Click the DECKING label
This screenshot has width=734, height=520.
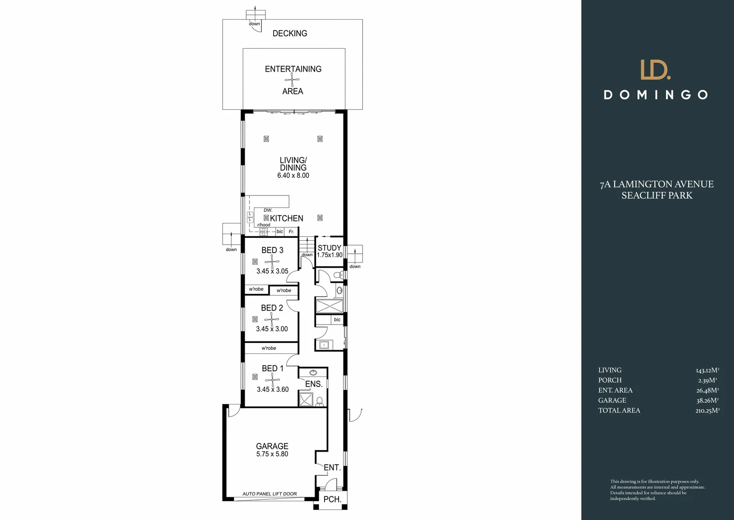(289, 33)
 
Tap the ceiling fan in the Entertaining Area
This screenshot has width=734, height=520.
(292, 80)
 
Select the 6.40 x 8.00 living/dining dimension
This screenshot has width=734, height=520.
(293, 176)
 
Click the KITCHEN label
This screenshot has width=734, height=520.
(287, 219)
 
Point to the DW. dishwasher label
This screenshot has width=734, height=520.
(268, 210)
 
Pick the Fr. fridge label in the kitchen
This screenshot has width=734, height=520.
(291, 232)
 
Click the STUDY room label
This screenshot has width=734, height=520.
(329, 247)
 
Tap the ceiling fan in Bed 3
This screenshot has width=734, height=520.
(272, 261)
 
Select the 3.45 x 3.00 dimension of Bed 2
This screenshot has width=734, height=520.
(272, 329)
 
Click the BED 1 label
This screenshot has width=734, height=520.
(273, 368)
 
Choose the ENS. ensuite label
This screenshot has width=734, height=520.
(314, 384)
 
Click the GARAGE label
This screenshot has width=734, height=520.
(272, 446)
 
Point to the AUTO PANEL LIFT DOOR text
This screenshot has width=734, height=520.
(269, 494)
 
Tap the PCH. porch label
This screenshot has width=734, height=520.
(332, 499)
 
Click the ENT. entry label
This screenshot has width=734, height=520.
(332, 468)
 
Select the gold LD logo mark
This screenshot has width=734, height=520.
(655, 70)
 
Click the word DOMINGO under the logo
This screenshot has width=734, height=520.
(656, 95)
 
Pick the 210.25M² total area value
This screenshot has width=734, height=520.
(707, 411)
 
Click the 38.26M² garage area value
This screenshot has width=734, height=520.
(707, 401)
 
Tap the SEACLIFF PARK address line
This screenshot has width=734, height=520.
(656, 195)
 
